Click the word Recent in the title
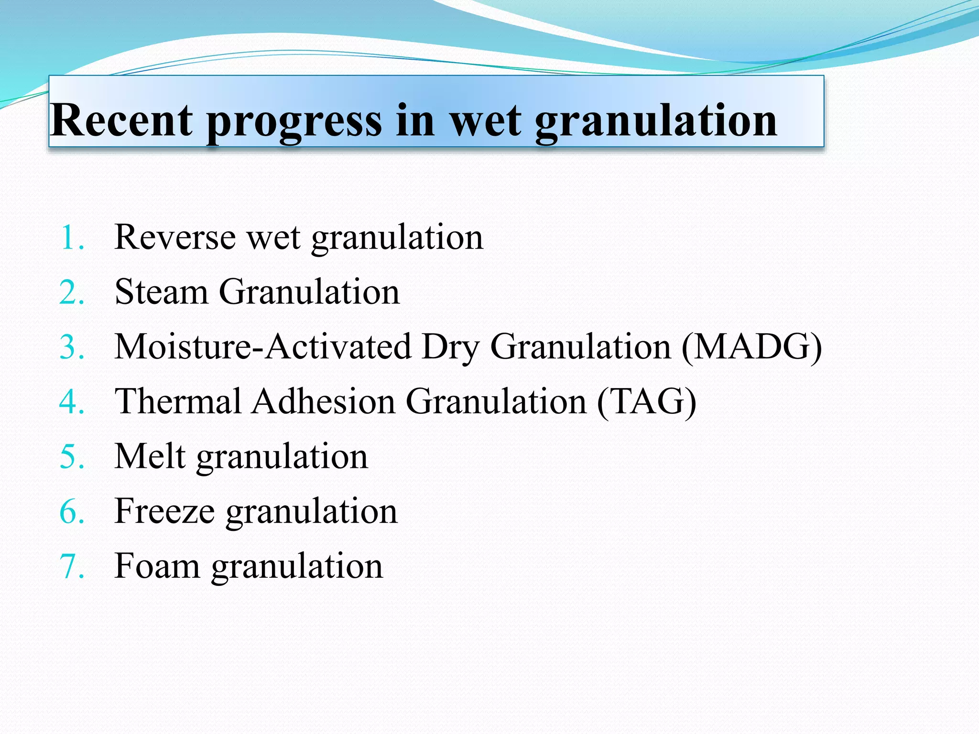tap(122, 120)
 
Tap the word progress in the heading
tap(294, 122)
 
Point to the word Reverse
tap(175, 237)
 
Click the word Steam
tap(161, 291)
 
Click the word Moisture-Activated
tap(263, 346)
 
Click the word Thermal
tap(178, 401)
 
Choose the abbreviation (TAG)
tap(646, 401)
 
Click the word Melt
tap(150, 456)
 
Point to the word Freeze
tap(164, 511)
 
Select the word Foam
tap(157, 566)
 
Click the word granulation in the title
tap(655, 122)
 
